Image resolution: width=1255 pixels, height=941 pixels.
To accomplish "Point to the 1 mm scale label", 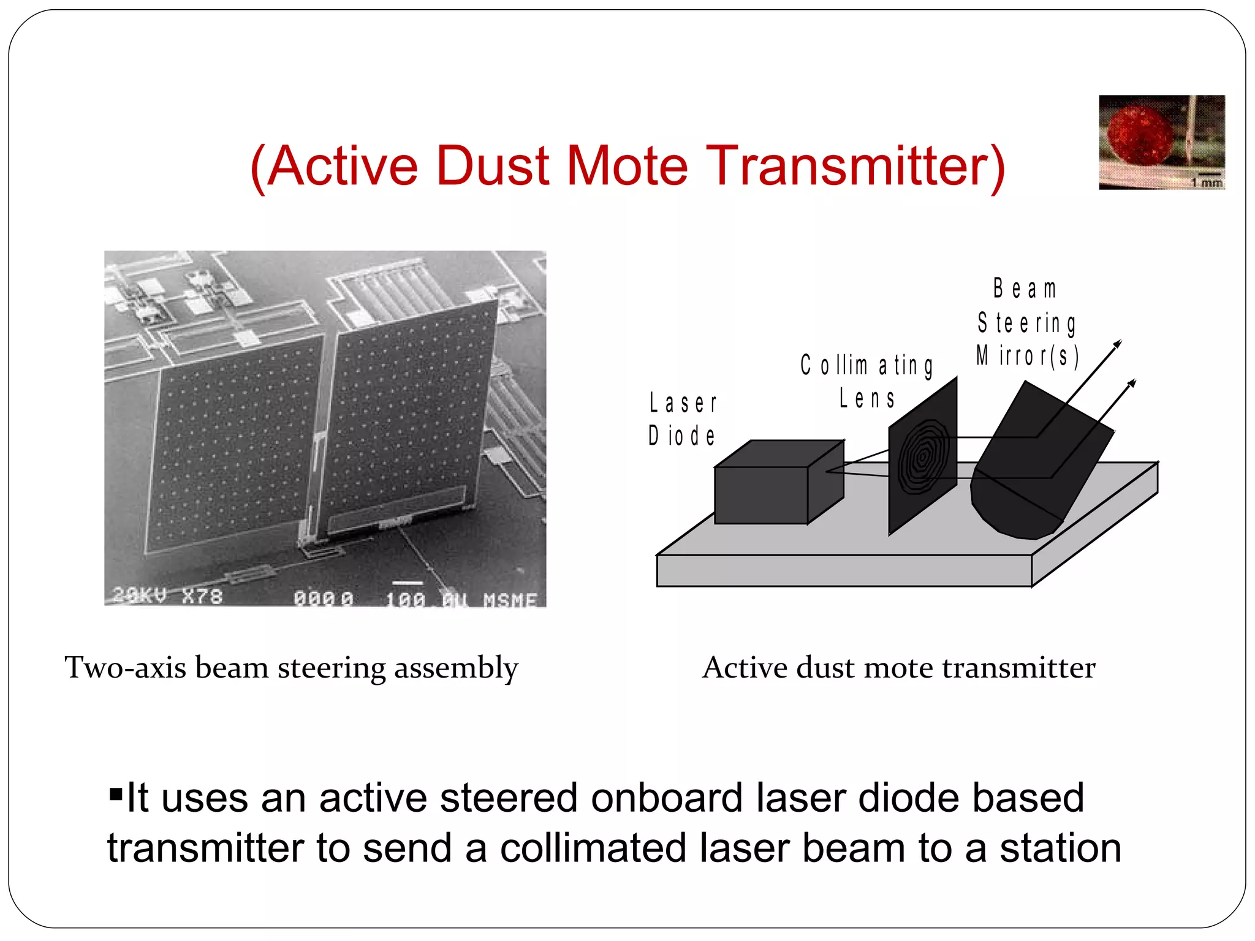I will click(1206, 183).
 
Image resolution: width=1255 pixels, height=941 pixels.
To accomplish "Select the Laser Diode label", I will click(683, 420).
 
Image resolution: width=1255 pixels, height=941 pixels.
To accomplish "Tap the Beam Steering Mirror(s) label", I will click(1028, 322).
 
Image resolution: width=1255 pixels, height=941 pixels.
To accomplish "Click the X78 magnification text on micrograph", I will click(202, 595).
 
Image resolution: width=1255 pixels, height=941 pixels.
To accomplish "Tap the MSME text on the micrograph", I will click(510, 600).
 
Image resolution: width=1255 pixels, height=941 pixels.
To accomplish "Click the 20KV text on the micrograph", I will click(140, 594).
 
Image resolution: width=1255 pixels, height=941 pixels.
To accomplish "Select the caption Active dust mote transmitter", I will click(898, 668).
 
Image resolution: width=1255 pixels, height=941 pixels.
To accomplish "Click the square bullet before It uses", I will click(116, 795).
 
